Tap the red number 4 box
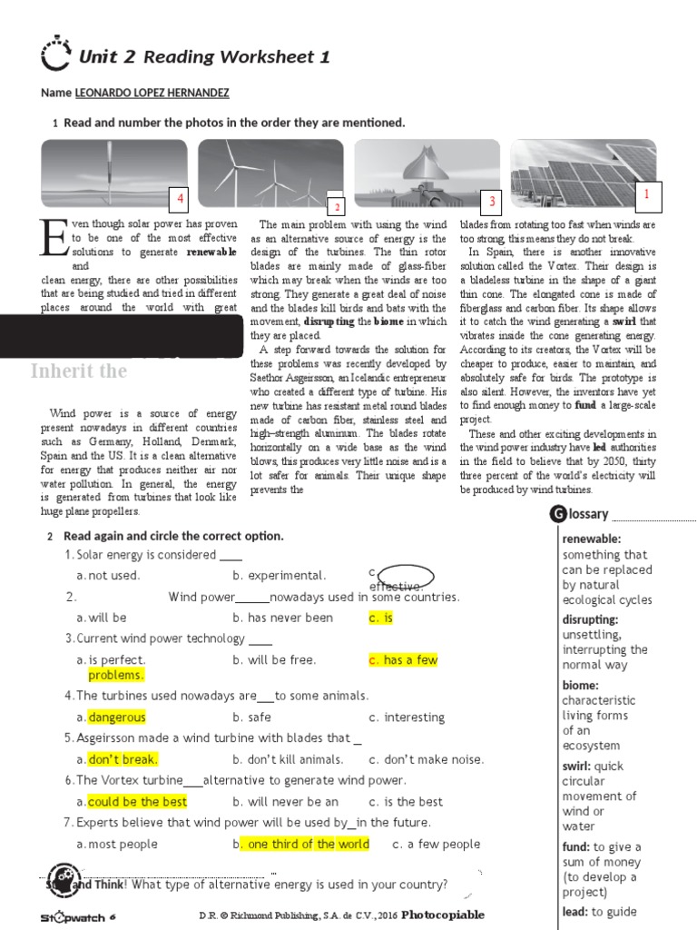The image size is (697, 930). coord(181,199)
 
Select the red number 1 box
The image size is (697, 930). coord(647,194)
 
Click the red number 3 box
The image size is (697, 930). coord(492,201)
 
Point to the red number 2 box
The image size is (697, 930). coord(335,207)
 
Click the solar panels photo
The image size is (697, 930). coord(583,173)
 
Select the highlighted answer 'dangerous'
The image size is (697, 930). coord(117,717)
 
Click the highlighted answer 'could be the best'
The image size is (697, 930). coord(137,802)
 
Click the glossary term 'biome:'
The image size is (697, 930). coord(581,686)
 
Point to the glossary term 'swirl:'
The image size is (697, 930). coord(581,767)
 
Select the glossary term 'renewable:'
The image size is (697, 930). coord(592,539)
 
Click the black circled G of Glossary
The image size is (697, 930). coord(557,515)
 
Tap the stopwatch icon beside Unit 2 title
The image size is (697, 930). coord(55,55)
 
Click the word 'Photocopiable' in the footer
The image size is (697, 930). coord(443,915)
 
